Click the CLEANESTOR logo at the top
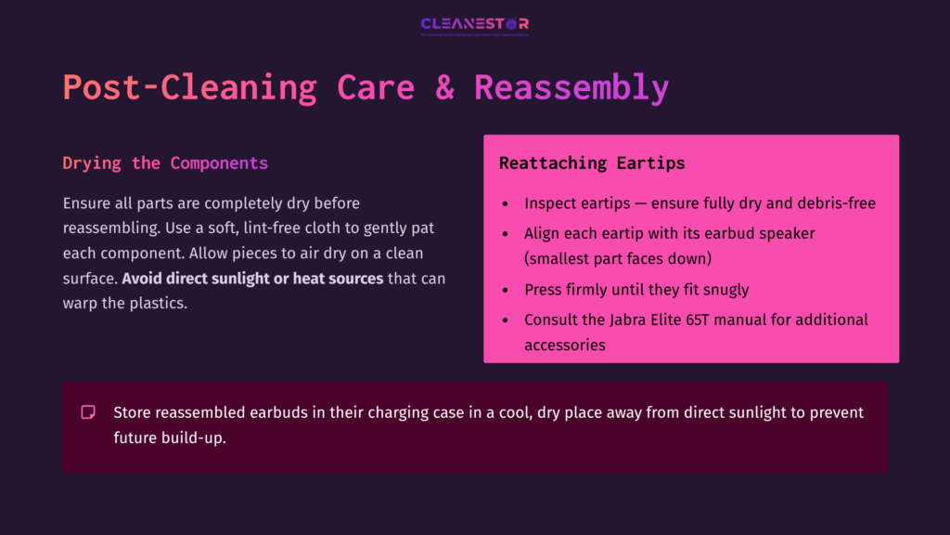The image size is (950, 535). [x=474, y=25]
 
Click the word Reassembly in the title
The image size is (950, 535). [x=571, y=87]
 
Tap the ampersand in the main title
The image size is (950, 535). [x=444, y=87]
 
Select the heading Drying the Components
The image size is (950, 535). [x=165, y=163]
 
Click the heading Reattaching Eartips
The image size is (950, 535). [x=592, y=163]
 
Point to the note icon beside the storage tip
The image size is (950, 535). [x=88, y=411]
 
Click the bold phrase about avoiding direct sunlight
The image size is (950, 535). [x=252, y=279]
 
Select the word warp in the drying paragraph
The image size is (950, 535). [x=81, y=304]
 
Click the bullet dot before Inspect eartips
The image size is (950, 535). [x=504, y=203]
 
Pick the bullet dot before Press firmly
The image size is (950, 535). [x=504, y=290]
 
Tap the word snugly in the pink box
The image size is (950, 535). [x=720, y=290]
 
